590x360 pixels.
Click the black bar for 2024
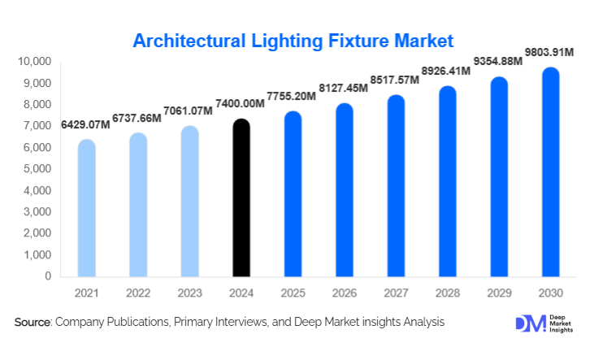coord(241,199)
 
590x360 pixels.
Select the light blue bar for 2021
coord(87,209)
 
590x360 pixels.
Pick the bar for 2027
coord(396,187)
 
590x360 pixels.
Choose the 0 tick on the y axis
coord(49,276)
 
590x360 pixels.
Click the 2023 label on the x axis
coord(189,293)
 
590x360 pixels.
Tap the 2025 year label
coord(293,293)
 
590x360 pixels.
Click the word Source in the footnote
coord(33,323)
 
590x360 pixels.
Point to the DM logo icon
coord(526,323)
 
